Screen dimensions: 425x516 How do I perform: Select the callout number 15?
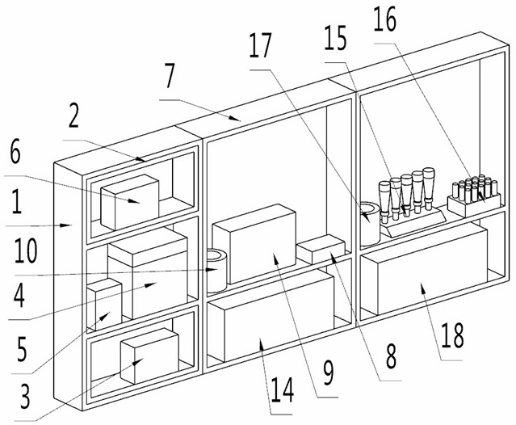tap(338, 37)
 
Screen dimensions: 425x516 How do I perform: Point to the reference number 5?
tap(22, 351)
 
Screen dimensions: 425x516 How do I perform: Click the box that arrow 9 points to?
tap(254, 242)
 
